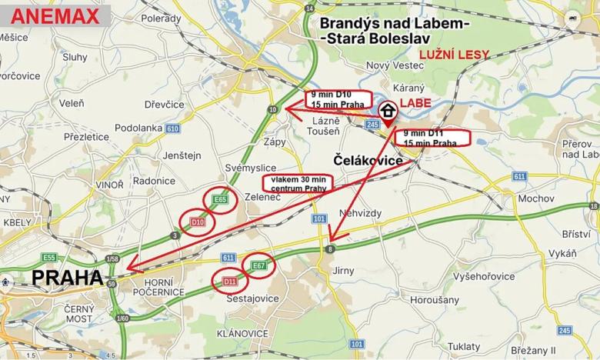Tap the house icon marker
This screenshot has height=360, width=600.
388,110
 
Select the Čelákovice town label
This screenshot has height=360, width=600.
368,160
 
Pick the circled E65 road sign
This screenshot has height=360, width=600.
221,200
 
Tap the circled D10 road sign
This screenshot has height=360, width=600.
197,222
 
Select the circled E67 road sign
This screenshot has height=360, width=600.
258,266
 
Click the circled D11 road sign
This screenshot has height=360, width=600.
230,281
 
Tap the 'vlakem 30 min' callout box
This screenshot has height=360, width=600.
295,183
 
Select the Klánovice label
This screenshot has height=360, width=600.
242,333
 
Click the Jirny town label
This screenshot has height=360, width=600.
342,271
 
